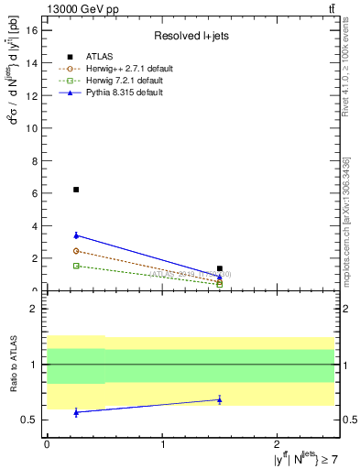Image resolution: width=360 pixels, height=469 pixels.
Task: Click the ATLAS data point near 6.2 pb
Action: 76,190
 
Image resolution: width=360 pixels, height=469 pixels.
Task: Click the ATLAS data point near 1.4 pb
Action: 220,268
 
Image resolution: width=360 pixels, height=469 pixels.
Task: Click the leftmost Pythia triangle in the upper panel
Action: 76,235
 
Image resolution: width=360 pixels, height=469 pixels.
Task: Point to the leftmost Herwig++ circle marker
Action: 76,251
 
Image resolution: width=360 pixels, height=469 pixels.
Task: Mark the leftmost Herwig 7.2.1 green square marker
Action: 76,266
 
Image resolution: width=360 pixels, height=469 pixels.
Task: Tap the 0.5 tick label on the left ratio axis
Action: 29,420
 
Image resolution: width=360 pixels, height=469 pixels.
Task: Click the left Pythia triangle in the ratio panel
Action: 76,412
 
